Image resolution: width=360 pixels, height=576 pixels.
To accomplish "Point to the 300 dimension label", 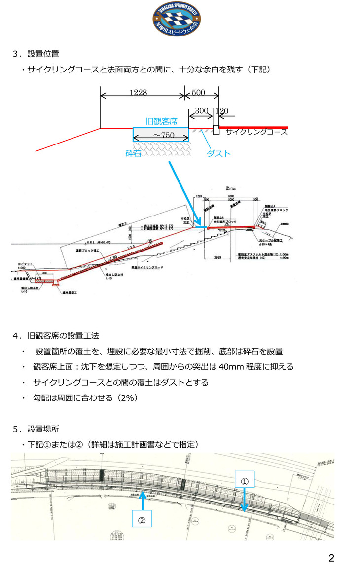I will (201, 111).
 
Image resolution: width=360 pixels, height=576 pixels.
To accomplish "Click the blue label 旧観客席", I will (161, 121).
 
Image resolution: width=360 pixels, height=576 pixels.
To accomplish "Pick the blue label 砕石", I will (134, 153).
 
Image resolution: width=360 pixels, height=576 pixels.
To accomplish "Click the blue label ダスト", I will (218, 153).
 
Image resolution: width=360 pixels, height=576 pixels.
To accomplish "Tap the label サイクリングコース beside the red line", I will (256, 132).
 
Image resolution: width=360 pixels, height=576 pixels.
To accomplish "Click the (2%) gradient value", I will (126, 397).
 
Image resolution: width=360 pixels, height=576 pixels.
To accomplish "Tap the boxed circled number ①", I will (244, 480).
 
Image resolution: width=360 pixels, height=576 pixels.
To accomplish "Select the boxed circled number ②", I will (142, 518).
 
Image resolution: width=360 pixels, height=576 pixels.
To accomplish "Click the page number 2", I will (331, 558).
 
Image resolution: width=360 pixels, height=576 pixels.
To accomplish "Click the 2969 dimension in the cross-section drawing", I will (220, 258).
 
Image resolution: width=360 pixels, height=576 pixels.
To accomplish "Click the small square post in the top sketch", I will (216, 130).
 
